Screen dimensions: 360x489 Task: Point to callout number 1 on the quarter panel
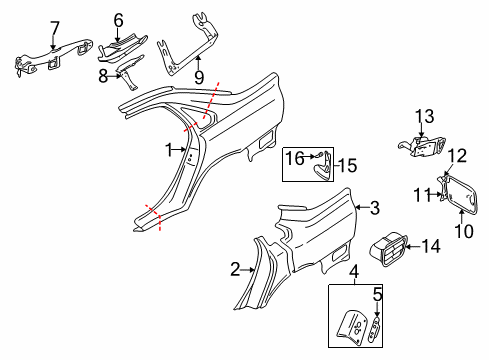[x=169, y=149]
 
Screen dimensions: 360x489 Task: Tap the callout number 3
[x=374, y=209]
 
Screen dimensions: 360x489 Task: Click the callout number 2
[x=235, y=269]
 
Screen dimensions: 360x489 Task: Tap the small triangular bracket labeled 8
[x=131, y=69]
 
